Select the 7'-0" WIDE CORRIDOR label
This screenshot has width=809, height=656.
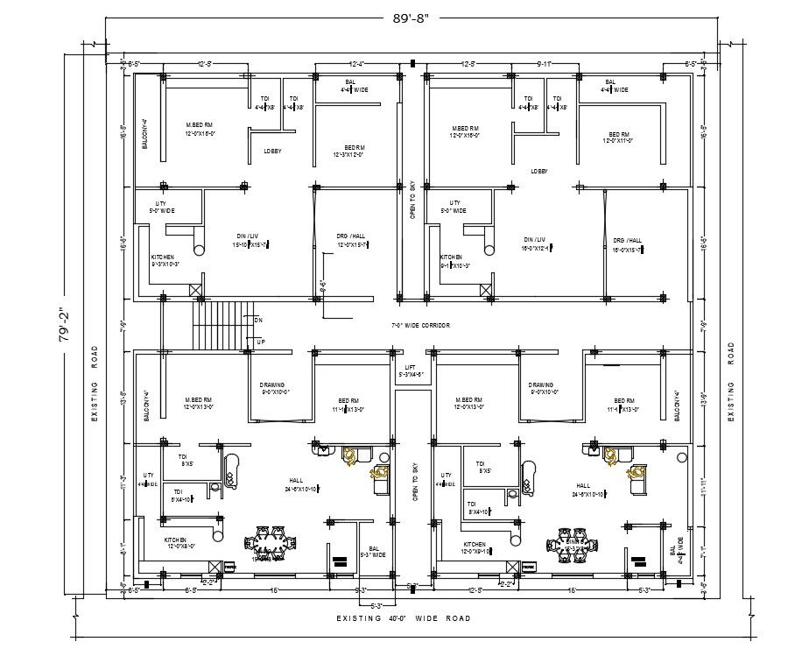coord(420,325)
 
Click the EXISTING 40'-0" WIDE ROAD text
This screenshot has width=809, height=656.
coord(404,618)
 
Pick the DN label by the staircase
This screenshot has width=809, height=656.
coord(258,321)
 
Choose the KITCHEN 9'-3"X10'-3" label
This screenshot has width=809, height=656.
coord(166,260)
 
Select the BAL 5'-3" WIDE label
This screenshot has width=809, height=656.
coord(374,551)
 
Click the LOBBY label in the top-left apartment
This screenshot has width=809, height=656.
coord(272,151)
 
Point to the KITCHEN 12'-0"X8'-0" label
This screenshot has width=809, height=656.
coord(180,543)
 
